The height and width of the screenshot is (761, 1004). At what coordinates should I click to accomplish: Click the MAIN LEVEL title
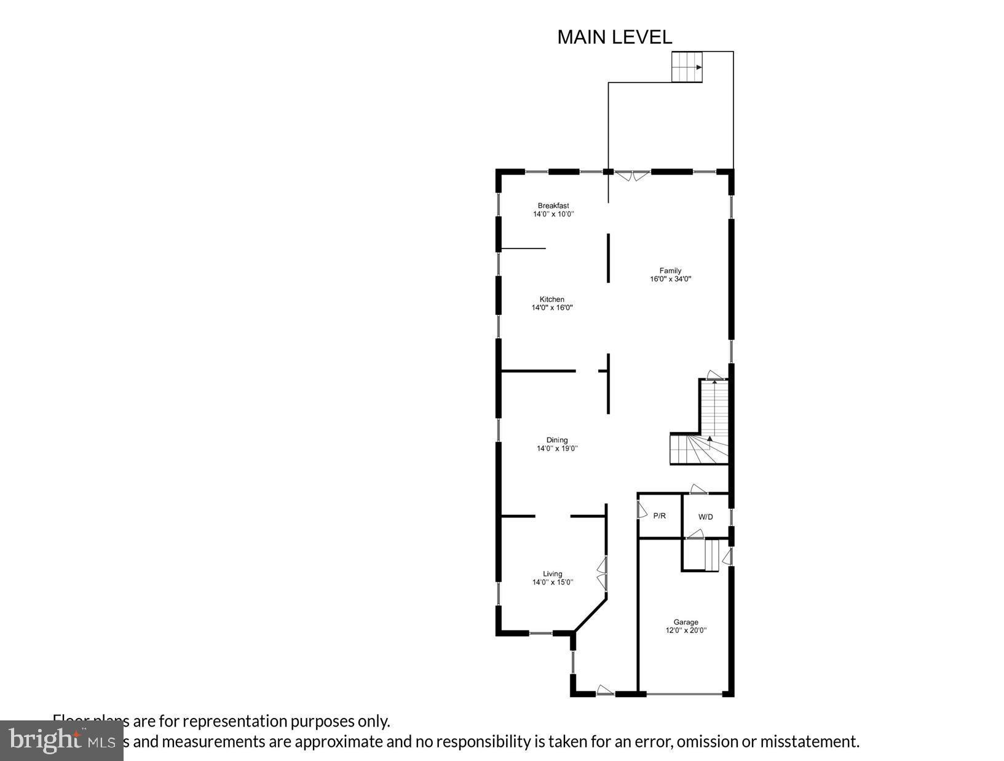point(614,37)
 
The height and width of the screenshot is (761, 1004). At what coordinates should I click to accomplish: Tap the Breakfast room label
point(553,205)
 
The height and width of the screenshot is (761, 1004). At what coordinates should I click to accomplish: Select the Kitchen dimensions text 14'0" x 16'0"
point(552,308)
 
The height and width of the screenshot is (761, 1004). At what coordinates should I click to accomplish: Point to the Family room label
point(670,271)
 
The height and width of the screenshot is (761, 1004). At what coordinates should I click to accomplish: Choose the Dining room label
point(557,440)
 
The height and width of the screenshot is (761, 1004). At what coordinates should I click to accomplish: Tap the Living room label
point(552,574)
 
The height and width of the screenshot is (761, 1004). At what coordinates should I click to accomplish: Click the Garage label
point(686,622)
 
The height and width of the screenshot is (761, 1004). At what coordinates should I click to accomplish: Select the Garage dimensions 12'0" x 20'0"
point(686,630)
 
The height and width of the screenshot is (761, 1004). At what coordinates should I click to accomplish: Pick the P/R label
point(659,516)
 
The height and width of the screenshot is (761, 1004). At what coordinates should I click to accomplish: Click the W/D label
point(705,517)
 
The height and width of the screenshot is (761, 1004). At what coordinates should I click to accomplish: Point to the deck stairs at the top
point(687,66)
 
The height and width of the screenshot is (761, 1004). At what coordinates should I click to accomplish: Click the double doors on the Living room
point(603,574)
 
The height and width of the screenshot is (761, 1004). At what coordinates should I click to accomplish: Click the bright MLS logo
point(61,741)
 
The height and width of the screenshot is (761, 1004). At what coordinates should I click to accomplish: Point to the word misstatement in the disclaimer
point(809,741)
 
